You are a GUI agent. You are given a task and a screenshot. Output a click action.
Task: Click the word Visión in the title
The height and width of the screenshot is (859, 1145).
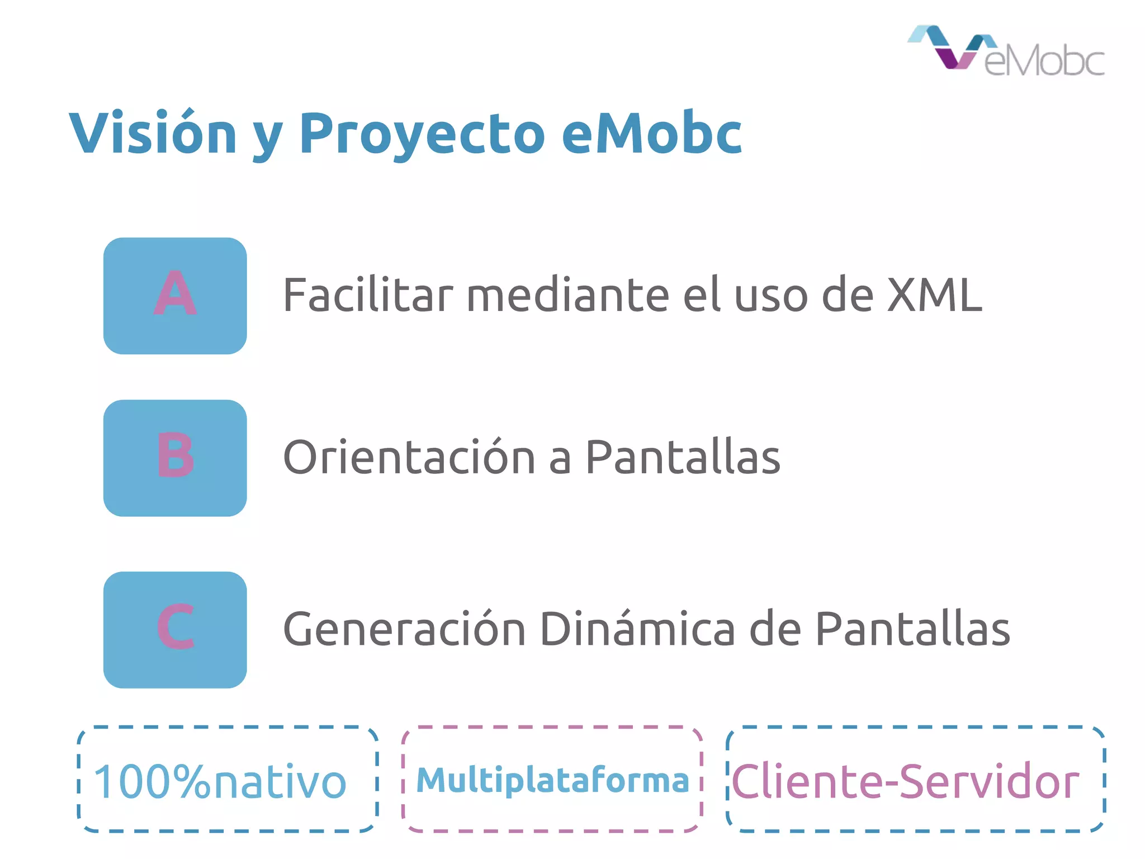153,133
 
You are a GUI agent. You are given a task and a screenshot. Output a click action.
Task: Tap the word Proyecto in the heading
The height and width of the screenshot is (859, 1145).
422,133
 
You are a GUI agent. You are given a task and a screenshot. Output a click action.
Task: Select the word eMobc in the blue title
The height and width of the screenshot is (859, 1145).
651,133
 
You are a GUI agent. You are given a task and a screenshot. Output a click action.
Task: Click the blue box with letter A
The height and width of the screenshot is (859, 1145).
175,296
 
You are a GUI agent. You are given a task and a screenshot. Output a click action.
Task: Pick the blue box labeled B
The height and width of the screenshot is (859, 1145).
175,458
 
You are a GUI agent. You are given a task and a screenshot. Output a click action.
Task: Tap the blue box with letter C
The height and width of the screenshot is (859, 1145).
175,630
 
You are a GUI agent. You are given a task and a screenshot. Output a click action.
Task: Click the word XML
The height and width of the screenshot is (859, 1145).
934,295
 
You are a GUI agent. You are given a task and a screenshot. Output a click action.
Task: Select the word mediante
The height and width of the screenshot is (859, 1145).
567,295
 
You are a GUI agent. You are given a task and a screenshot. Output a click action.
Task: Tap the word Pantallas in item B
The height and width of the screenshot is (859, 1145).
683,457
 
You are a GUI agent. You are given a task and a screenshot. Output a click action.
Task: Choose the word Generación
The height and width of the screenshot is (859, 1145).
404,629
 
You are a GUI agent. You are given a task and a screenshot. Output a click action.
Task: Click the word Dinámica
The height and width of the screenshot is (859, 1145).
637,629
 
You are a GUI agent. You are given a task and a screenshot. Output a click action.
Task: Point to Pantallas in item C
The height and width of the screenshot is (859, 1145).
912,629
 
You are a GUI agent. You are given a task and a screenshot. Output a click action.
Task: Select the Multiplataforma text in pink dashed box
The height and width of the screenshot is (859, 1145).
552,781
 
